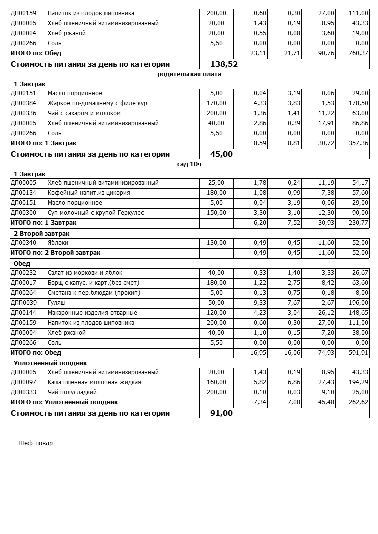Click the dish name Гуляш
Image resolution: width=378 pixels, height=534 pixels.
[x=56, y=303]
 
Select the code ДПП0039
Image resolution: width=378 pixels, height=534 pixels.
[x=24, y=303]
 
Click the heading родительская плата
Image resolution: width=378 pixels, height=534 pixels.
[x=189, y=74]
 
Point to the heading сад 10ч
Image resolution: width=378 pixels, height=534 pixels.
[x=189, y=164]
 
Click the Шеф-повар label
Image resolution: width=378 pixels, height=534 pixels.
[x=35, y=443]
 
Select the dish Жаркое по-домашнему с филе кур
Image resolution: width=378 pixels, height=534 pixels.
[x=97, y=103]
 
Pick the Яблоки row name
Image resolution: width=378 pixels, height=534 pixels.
[x=58, y=243]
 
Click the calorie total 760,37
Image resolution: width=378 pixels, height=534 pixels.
[x=357, y=53]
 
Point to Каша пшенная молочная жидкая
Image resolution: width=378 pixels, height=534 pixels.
[x=94, y=382]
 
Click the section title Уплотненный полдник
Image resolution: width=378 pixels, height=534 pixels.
[x=50, y=363]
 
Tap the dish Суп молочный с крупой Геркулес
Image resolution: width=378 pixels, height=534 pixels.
[x=95, y=213]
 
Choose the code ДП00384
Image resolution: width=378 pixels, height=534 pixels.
[x=24, y=103]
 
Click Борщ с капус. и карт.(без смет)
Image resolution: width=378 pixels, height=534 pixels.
[x=93, y=283]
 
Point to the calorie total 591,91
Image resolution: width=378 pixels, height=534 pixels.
[x=357, y=353]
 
